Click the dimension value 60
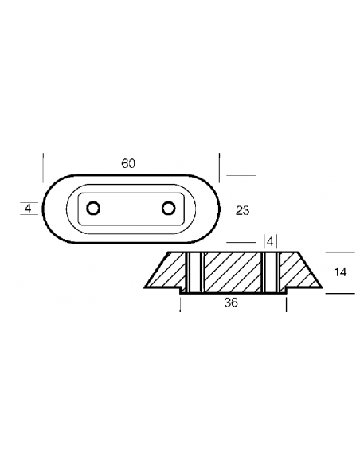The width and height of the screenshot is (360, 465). click(x=128, y=163)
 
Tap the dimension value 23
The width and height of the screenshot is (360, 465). click(x=243, y=210)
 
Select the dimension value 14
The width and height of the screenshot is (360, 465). click(x=340, y=272)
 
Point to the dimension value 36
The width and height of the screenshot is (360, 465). click(x=231, y=303)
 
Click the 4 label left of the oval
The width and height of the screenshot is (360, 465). click(x=28, y=208)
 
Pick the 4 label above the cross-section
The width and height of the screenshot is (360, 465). click(x=270, y=242)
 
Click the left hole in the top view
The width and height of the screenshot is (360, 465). click(x=93, y=208)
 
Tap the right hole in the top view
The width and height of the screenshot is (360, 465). click(x=168, y=208)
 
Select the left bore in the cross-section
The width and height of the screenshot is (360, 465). click(x=194, y=273)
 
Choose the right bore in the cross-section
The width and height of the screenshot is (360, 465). click(x=270, y=273)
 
